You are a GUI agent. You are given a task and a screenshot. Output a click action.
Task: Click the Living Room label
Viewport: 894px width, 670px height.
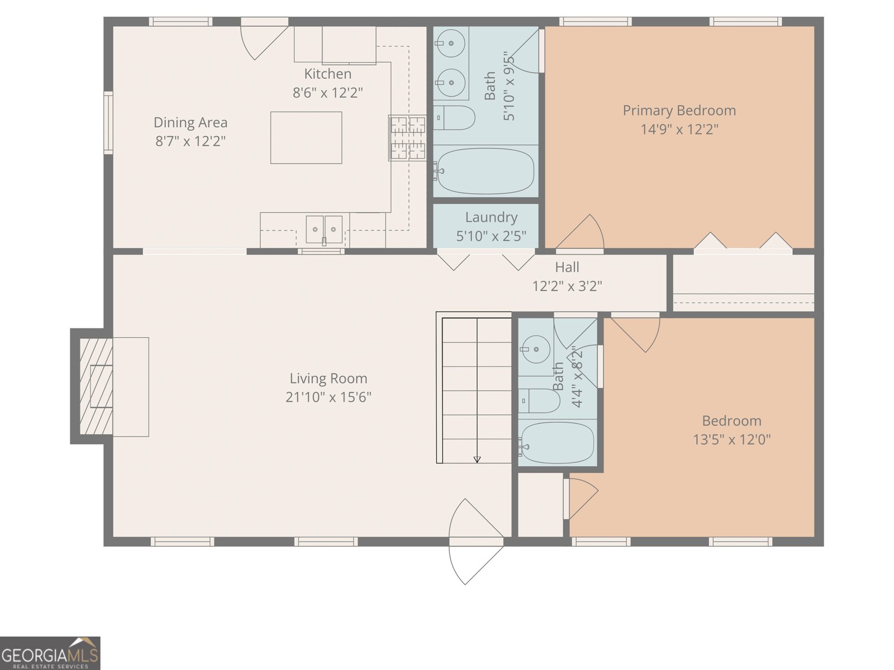point(329,379)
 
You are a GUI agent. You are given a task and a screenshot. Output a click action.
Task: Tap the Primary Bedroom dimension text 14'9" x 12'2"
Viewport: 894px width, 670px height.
point(679,130)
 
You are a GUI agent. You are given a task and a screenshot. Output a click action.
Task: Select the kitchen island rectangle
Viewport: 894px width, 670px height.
point(306,138)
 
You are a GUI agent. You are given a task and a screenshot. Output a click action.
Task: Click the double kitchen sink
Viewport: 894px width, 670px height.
point(324,230)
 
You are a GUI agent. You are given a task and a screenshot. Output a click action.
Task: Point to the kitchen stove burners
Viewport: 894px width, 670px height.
point(408,137)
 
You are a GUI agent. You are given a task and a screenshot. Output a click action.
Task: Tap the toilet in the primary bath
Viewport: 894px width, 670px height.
point(454,118)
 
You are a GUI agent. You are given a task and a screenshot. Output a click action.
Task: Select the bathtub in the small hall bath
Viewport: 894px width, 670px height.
point(557,443)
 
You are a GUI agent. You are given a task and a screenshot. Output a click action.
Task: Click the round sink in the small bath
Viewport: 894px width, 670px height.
point(535,350)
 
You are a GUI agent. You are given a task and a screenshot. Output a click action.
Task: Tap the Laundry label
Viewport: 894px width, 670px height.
point(491,217)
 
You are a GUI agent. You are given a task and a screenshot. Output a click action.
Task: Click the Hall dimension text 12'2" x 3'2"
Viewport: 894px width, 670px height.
point(567,286)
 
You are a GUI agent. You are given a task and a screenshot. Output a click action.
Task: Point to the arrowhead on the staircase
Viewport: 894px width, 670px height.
point(477,460)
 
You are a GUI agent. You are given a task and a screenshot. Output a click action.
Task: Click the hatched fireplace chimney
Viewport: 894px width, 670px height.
point(96,386)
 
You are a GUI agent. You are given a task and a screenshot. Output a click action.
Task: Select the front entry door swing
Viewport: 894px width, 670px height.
point(476,542)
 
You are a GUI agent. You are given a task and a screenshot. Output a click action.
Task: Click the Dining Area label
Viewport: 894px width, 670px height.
point(190,122)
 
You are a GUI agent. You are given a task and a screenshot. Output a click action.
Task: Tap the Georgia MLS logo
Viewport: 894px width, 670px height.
point(50,653)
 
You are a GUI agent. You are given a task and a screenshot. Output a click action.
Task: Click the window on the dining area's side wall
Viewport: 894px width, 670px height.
point(108,122)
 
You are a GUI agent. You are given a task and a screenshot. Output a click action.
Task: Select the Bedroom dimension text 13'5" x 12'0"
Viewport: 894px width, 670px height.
point(732,439)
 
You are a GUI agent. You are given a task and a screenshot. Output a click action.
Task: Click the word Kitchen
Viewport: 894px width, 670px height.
point(327,74)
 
